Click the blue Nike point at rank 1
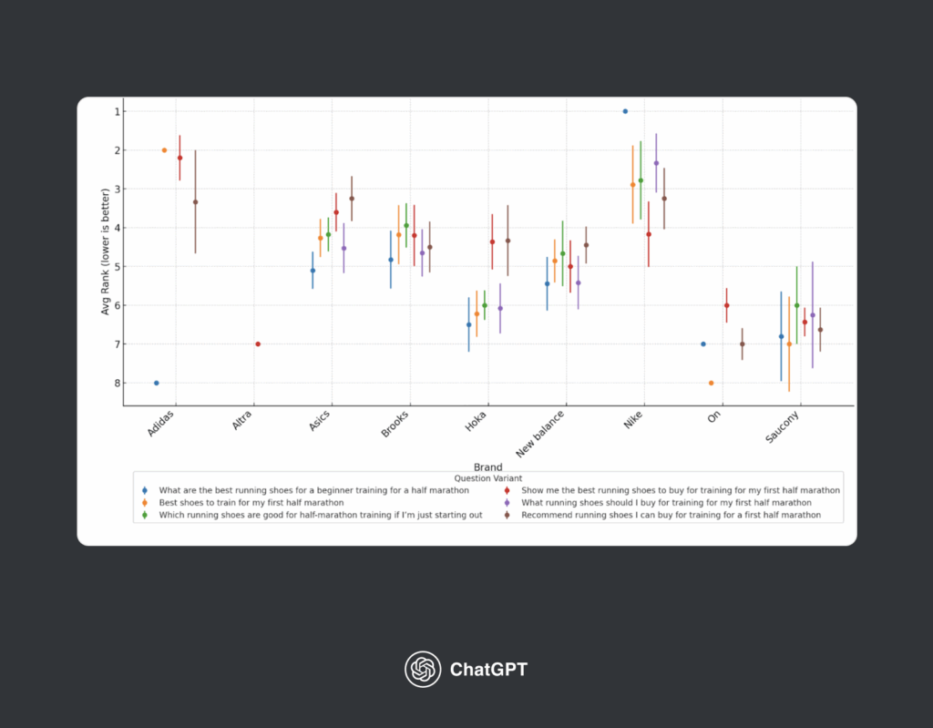625,111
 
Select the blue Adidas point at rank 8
157,383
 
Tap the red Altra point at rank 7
258,343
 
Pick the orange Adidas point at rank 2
164,150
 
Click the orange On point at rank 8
711,383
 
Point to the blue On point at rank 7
703,343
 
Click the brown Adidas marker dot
195,202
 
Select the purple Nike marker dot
656,163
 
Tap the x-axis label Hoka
477,421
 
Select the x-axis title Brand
487,467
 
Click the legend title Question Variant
487,477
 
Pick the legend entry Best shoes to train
251,502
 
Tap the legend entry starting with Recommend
671,515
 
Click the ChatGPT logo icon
423,670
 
